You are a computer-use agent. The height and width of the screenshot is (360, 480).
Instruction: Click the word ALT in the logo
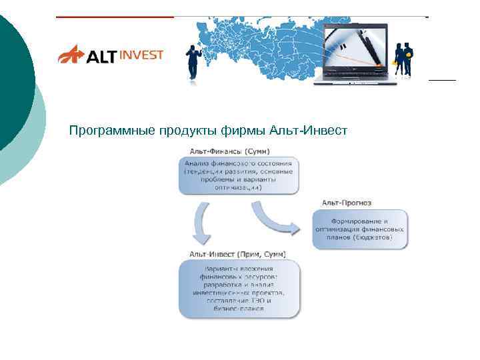101,55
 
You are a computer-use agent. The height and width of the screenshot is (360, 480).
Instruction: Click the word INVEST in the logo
141,55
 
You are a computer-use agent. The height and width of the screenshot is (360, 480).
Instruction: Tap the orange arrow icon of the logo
71,54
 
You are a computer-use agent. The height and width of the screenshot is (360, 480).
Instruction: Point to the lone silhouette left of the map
194,61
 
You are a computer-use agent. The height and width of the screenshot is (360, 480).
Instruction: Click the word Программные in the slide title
112,130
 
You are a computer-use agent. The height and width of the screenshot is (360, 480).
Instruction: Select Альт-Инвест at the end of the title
309,130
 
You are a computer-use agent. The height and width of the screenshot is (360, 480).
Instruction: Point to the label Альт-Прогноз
346,203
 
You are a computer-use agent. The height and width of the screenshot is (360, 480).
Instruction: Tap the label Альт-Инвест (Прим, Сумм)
237,253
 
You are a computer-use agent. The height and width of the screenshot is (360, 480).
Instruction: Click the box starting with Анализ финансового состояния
239,175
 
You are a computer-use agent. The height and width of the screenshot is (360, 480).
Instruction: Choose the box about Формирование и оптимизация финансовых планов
359,229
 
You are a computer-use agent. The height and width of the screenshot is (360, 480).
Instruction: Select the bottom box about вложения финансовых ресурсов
239,288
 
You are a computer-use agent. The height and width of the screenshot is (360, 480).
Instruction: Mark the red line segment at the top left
113,17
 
